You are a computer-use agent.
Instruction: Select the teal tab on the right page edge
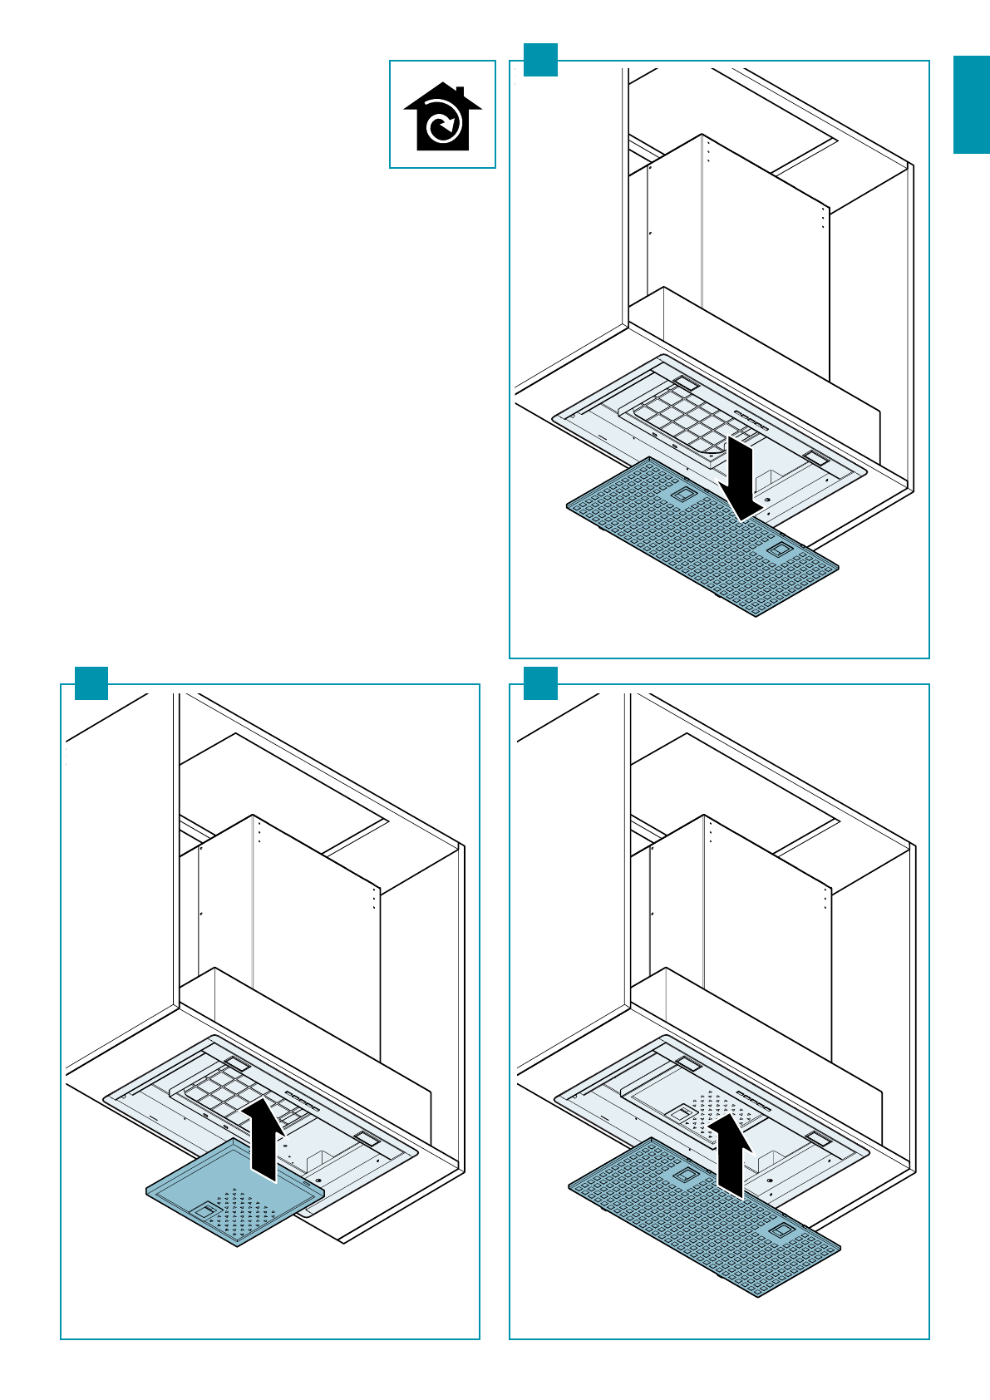[971, 105]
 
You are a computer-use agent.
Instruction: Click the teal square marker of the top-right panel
[540, 60]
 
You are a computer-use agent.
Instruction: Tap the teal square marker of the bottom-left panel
[91, 683]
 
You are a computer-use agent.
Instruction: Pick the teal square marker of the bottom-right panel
[540, 683]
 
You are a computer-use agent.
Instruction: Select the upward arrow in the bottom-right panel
[731, 1156]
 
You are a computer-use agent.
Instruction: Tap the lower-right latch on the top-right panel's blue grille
[779, 550]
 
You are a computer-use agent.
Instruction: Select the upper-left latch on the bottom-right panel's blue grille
[685, 1175]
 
